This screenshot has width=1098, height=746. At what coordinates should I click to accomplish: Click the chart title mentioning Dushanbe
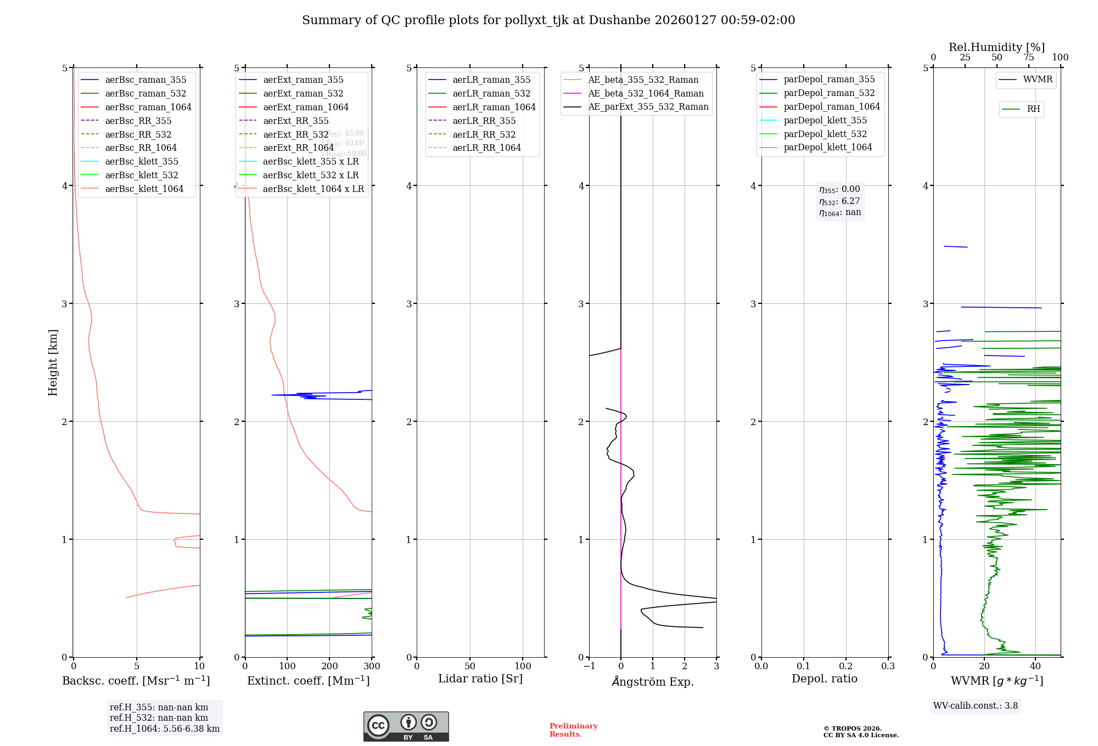coord(548,20)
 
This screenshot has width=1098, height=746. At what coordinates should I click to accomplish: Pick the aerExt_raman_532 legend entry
coord(303,93)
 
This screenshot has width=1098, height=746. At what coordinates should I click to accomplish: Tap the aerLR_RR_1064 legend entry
coord(486,148)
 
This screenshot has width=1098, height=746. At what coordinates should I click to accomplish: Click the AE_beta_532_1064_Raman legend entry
coord(646,93)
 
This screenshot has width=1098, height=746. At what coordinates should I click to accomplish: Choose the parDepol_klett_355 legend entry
coord(825,120)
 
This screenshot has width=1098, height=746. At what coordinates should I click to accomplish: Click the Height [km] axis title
coord(53,362)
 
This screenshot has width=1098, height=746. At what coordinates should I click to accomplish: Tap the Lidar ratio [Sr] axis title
coord(480,679)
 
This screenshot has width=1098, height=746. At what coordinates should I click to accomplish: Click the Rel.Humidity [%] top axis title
coord(996,47)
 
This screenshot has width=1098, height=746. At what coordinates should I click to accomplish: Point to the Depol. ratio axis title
coord(824,679)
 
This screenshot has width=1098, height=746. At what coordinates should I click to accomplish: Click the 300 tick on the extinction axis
coord(372,666)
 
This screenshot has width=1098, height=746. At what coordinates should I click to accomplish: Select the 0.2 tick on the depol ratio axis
coord(846,666)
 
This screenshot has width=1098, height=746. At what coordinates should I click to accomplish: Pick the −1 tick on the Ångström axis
coord(589,666)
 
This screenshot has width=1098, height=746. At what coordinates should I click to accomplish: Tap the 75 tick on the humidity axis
coord(1029,58)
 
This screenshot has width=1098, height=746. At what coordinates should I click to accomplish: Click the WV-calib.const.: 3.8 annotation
coord(976,706)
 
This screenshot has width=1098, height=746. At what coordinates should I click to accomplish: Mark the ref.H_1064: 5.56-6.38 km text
coord(165,729)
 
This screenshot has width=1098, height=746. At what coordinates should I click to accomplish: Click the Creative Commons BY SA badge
coord(406,726)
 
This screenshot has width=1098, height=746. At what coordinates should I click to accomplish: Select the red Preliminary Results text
coord(573,730)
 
